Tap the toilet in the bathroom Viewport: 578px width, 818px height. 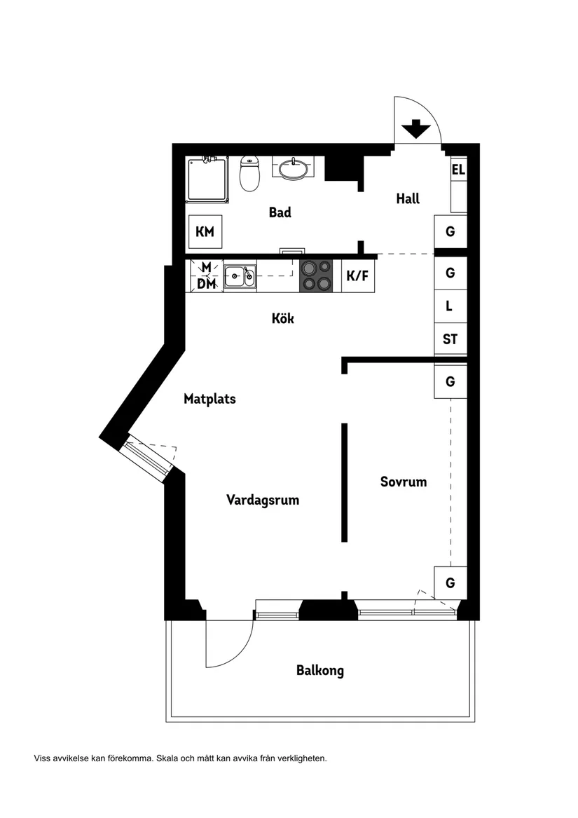pyautogui.click(x=249, y=174)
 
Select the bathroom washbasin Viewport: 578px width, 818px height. pyautogui.click(x=292, y=169)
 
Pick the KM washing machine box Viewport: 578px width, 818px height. pyautogui.click(x=205, y=232)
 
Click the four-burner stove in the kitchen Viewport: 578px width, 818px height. pyautogui.click(x=316, y=275)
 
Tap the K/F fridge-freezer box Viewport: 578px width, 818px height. pyautogui.click(x=357, y=276)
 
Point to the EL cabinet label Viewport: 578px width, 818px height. pyautogui.click(x=458, y=170)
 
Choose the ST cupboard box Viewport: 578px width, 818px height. pyautogui.click(x=450, y=339)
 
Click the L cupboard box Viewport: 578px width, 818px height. pyautogui.click(x=450, y=306)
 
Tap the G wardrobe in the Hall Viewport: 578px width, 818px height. pyautogui.click(x=450, y=231)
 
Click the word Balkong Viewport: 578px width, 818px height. pyautogui.click(x=320, y=671)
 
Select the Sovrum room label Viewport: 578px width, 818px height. pyautogui.click(x=404, y=482)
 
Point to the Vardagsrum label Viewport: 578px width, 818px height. pyautogui.click(x=263, y=500)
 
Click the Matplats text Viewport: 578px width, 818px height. pyautogui.click(x=209, y=400)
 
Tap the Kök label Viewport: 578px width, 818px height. pyautogui.click(x=283, y=319)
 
